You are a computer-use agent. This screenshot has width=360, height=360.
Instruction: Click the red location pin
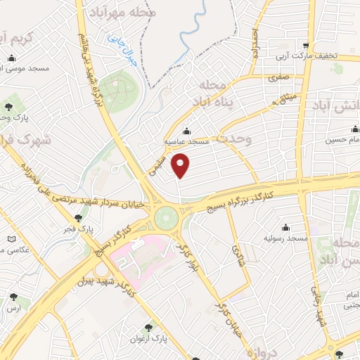[182, 167]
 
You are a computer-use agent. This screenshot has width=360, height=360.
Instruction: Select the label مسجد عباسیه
[184, 141]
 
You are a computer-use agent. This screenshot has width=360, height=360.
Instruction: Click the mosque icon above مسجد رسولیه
[285, 226]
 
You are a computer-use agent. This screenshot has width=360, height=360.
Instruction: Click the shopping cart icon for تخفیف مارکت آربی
[306, 44]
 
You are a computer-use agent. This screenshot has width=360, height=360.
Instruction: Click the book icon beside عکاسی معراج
[11, 240]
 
